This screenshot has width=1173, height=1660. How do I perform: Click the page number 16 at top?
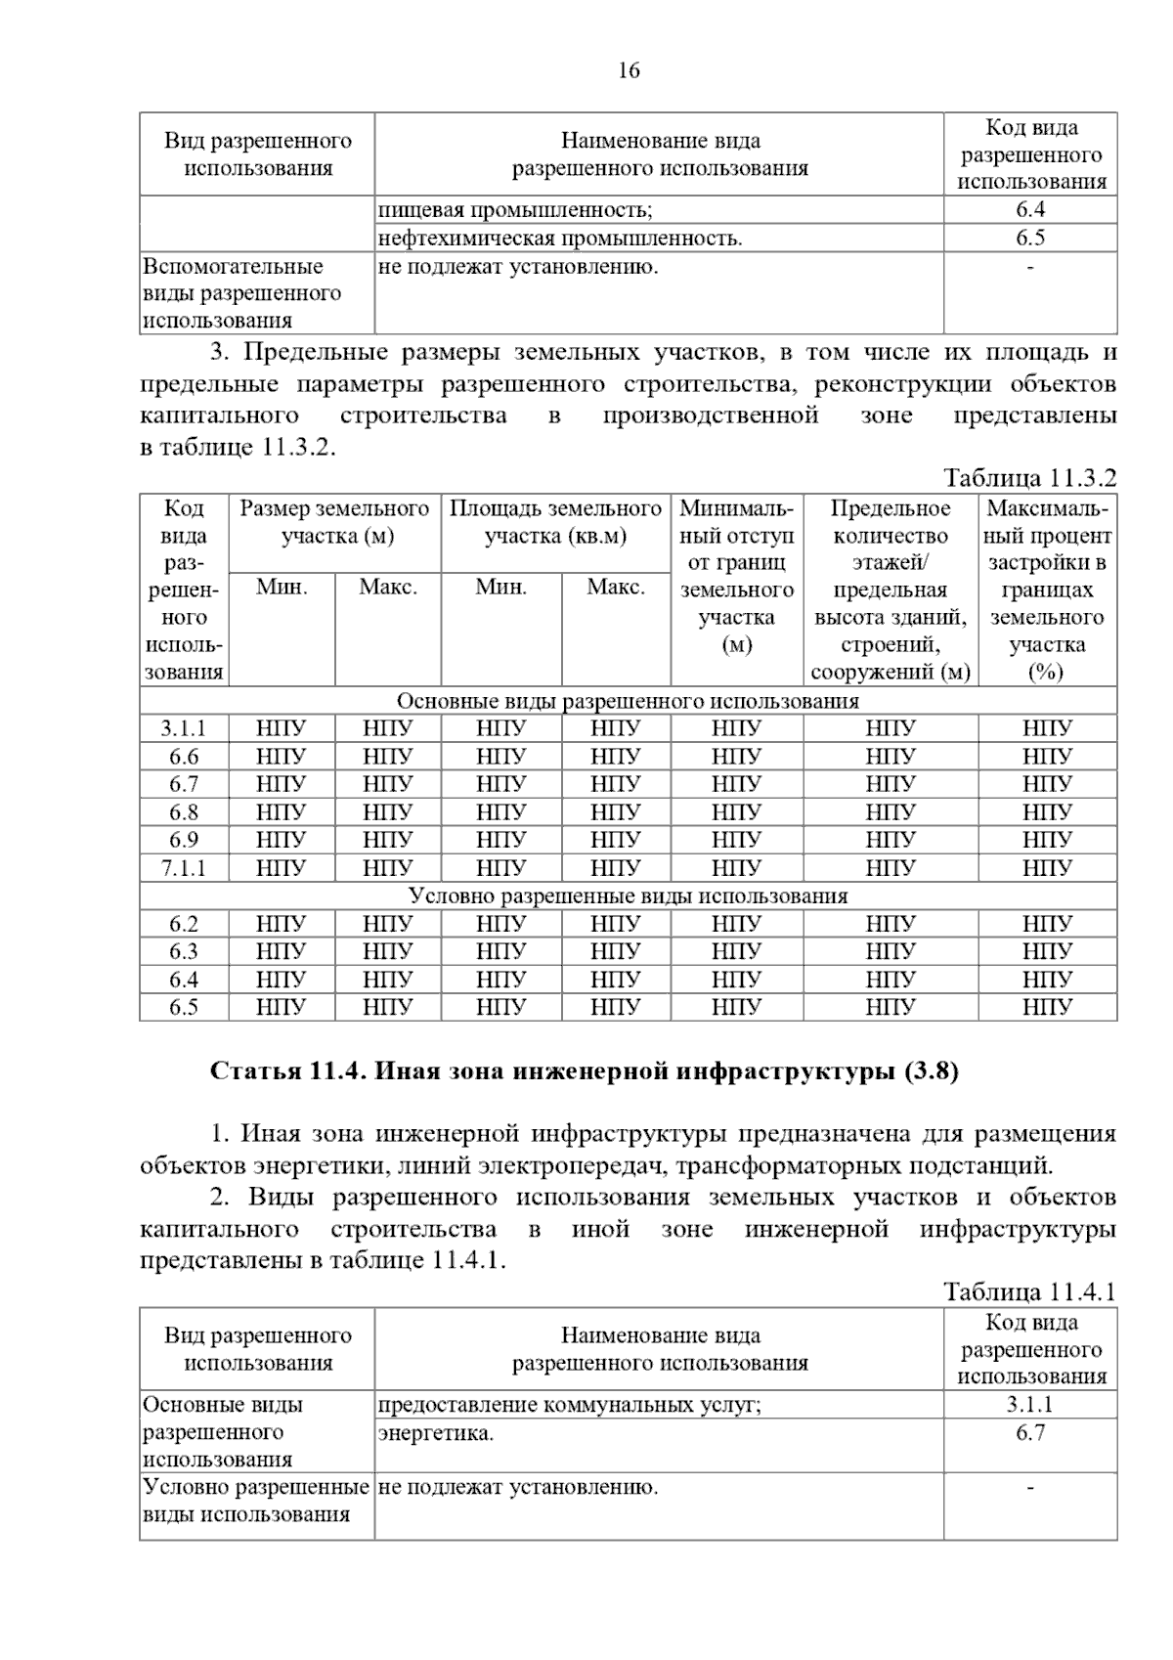[x=629, y=71]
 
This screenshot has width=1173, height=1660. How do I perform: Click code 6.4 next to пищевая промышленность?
[x=1030, y=209]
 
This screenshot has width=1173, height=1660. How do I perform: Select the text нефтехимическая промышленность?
[x=560, y=238]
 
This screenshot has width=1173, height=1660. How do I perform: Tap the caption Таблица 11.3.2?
[x=1028, y=478]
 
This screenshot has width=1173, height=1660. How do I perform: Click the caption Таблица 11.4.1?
[x=1028, y=1291]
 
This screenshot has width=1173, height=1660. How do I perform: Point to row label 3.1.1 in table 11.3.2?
[x=184, y=728]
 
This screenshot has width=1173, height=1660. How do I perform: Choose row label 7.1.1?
[x=184, y=868]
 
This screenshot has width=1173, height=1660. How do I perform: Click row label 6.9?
[x=184, y=840]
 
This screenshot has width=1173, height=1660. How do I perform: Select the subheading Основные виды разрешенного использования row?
[x=628, y=701]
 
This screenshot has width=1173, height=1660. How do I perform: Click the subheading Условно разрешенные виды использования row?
[x=628, y=896]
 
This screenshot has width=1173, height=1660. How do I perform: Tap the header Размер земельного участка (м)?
[x=334, y=522]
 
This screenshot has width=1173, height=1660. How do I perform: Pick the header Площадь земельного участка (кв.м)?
[x=555, y=522]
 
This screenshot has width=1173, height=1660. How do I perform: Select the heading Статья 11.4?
[x=584, y=1071]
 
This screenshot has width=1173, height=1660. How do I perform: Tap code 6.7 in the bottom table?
[x=1030, y=1433]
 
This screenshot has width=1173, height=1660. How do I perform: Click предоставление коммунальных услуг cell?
[x=569, y=1405]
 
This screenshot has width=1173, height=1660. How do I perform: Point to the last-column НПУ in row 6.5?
[x=1048, y=1007]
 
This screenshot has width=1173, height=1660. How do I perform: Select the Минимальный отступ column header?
[x=736, y=577]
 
